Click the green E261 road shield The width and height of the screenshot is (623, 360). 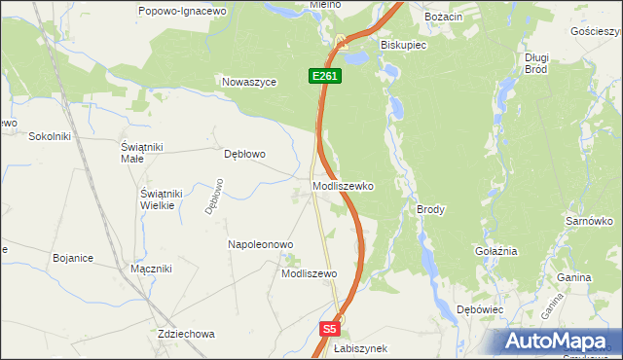tap(326, 76)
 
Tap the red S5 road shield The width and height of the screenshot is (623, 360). tap(331, 330)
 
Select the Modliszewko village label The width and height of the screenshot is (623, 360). tap(343, 185)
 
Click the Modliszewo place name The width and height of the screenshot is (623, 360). tap(309, 274)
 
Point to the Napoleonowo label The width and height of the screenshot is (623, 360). tap(260, 244)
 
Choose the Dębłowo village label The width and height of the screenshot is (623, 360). tap(244, 154)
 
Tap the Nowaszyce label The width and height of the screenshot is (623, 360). tap(250, 83)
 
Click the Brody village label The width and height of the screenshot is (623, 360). tap(430, 209)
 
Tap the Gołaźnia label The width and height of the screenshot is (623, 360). tap(495, 251)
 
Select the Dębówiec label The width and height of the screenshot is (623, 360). tap(479, 309)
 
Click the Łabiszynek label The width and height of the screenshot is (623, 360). tap(360, 348)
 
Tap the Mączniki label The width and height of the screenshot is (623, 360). tap(151, 269)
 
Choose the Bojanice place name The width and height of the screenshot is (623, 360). tap(73, 258)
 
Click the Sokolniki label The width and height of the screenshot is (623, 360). tap(51, 136)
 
